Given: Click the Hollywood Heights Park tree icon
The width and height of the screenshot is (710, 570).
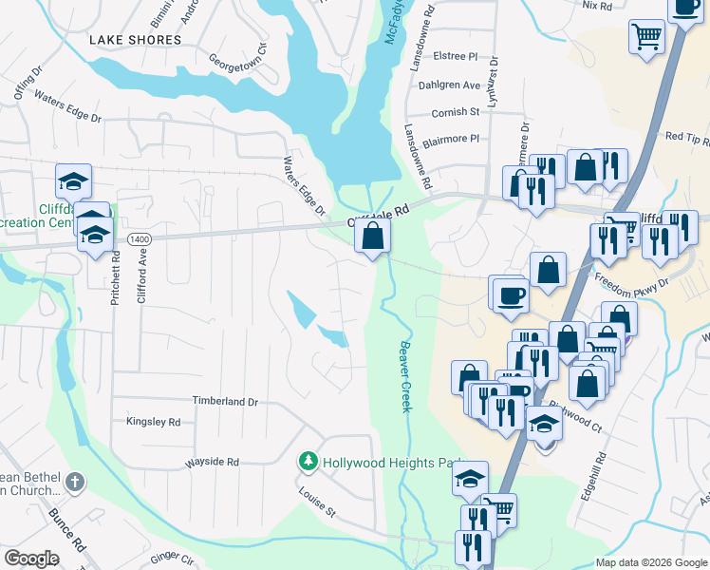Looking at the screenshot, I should [x=308, y=462].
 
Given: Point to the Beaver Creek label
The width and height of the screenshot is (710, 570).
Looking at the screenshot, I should [x=405, y=376].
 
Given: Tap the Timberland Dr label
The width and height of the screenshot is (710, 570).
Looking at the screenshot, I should [x=225, y=402].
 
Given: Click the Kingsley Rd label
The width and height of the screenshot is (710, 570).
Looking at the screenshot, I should [x=153, y=421].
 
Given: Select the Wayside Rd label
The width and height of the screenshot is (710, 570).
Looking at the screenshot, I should [x=212, y=462].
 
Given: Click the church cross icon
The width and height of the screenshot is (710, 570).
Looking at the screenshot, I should [x=74, y=484].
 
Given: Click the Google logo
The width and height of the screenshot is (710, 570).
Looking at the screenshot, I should [x=31, y=559].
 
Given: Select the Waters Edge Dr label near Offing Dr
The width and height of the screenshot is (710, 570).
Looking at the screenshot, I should [x=67, y=106].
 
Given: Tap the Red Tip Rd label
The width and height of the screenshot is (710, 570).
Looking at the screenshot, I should [x=687, y=138].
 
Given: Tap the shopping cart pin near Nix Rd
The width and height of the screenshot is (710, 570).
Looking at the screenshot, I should [x=646, y=37].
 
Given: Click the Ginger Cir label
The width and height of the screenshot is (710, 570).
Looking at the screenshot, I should [x=171, y=557].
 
